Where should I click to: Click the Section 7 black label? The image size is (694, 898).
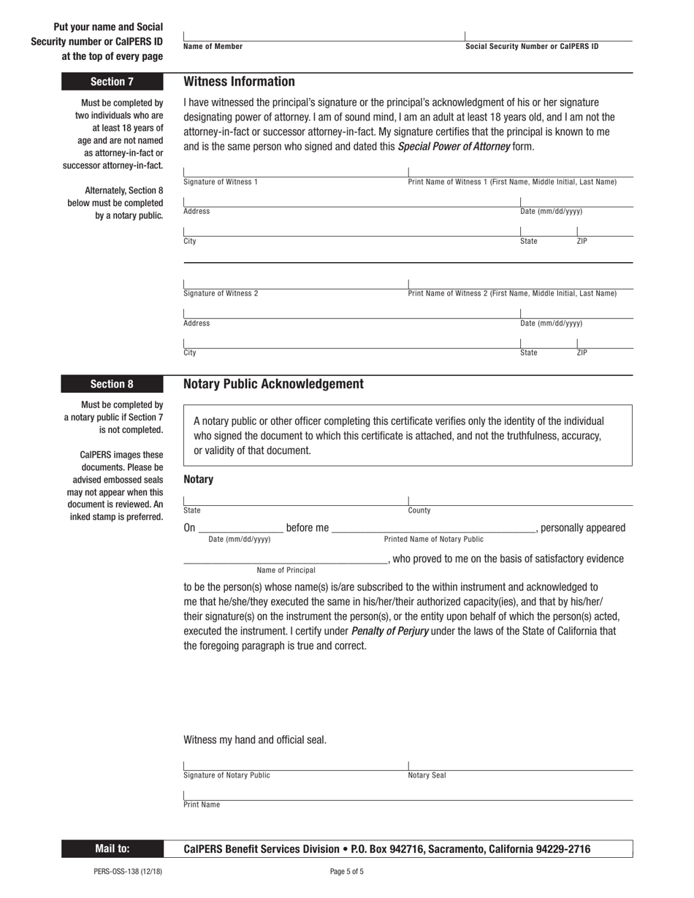click(112, 82)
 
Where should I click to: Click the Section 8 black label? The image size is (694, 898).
click(112, 384)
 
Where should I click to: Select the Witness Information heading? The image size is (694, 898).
click(239, 82)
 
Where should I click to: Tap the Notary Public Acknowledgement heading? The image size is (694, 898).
click(273, 384)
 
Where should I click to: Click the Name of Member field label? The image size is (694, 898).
click(213, 47)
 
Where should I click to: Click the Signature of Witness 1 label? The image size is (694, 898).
click(220, 182)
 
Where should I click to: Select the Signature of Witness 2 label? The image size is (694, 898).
click(220, 293)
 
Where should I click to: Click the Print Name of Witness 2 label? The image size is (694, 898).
click(511, 293)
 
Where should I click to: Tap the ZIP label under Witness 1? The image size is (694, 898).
click(581, 241)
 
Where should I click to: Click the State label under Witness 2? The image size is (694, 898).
click(528, 353)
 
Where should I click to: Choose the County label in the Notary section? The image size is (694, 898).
click(419, 511)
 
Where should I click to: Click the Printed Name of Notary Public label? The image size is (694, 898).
click(433, 540)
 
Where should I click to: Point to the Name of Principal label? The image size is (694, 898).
click(286, 570)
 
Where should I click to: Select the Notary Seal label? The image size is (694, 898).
click(427, 775)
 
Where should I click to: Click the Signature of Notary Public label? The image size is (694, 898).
click(226, 775)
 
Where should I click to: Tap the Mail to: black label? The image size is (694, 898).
click(112, 849)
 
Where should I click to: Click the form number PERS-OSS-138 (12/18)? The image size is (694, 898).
click(128, 871)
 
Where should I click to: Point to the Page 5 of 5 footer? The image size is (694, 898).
click(346, 871)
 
